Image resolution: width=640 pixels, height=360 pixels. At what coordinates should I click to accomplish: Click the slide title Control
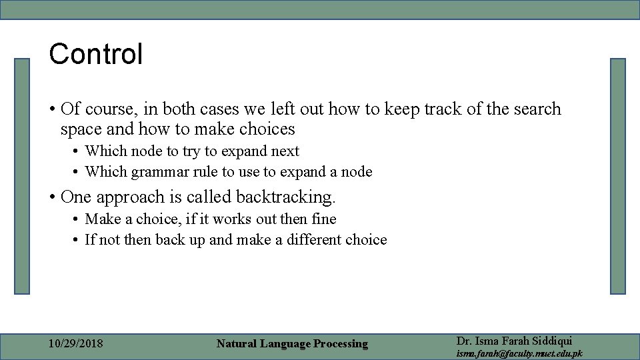(96, 54)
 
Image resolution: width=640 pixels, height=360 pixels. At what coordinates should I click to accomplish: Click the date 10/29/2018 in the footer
(76, 344)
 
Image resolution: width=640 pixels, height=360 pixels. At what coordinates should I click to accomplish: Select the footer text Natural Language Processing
(292, 344)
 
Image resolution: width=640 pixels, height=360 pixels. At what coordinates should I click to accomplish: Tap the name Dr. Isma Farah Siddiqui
(514, 341)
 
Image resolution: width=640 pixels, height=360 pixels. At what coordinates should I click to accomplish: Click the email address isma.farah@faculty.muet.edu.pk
(519, 353)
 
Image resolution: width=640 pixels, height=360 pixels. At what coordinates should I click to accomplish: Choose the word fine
(323, 219)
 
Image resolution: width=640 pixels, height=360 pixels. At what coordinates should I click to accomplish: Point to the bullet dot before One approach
(51, 197)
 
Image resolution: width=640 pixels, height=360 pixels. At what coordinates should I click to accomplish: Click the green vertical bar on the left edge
(23, 176)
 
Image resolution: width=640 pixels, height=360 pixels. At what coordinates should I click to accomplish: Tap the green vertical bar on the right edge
(618, 176)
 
